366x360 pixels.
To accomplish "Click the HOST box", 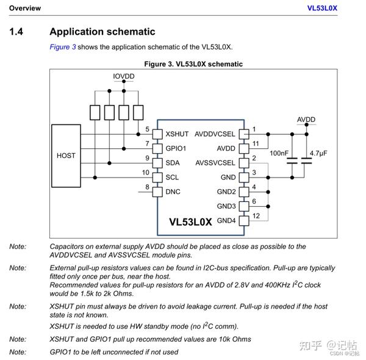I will click(x=66, y=156).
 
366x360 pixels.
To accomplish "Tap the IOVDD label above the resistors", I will click(x=124, y=76).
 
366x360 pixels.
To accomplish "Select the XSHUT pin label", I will click(x=177, y=134).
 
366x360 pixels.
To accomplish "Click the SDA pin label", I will click(x=173, y=163).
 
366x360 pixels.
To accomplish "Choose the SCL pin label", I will click(x=172, y=178).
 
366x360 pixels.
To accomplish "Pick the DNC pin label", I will click(x=173, y=192).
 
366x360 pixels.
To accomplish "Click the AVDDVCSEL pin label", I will click(x=215, y=134).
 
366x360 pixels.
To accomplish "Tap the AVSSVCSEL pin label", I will click(x=215, y=163).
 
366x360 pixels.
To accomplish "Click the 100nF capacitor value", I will click(x=279, y=153).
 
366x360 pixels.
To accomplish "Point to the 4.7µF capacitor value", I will click(x=319, y=153).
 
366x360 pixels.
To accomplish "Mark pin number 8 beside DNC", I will click(x=146, y=187).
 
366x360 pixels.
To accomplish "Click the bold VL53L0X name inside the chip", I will click(x=190, y=222).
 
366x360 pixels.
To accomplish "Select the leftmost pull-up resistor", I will click(x=95, y=113).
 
